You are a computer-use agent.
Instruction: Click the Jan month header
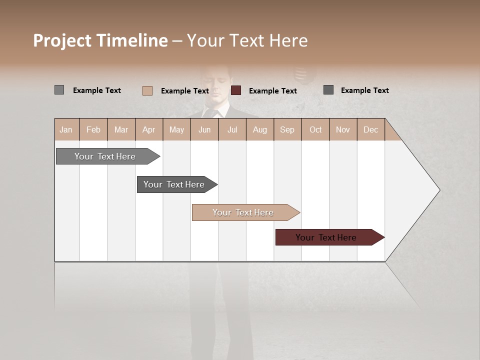66,129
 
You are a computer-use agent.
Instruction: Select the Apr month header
149,129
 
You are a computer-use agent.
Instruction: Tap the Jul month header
232,129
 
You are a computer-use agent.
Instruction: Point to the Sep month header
287,129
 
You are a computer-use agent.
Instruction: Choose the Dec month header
370,129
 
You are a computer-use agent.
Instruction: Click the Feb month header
93,129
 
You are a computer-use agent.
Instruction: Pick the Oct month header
315,129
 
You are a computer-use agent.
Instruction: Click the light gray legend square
59,90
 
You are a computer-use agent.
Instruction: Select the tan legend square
147,90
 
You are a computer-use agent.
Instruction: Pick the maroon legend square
236,90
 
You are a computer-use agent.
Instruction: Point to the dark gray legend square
328,90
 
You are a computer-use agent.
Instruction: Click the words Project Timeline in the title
100,40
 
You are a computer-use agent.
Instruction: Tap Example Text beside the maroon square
273,91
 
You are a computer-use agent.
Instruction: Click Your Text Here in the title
247,40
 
